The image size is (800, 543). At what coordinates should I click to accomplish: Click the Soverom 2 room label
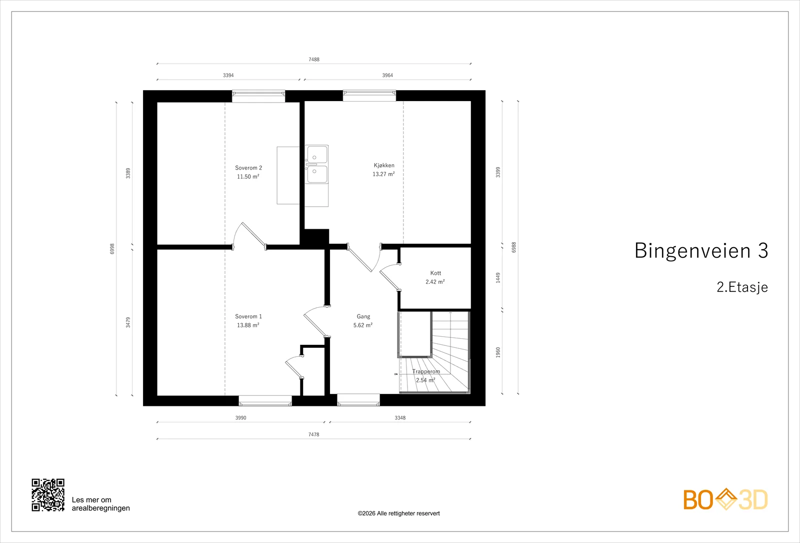248,168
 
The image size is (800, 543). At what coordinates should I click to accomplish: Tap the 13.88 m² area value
248,325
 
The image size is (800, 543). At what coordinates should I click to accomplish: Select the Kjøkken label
384,166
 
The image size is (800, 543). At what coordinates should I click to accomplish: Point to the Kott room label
435,273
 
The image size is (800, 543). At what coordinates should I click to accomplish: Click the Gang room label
363,317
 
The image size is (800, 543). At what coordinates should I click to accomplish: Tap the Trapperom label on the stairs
426,371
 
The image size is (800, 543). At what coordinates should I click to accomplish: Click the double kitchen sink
316,165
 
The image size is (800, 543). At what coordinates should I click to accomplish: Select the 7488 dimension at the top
314,60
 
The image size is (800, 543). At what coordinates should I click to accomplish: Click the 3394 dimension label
228,75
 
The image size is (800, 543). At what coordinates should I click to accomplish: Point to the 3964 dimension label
387,75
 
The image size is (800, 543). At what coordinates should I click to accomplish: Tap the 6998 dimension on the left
112,249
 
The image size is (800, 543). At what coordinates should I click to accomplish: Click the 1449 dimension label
498,278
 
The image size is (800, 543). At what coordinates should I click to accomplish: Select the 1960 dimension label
498,352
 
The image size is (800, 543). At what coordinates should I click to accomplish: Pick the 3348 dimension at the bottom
400,417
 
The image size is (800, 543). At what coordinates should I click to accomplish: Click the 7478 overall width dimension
313,434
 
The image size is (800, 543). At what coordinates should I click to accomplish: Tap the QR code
48,495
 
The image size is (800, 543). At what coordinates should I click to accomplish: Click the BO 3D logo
725,499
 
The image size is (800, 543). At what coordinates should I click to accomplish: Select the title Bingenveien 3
701,250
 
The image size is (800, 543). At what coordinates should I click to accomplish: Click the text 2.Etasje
742,287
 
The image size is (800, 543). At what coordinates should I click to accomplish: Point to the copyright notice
398,513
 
